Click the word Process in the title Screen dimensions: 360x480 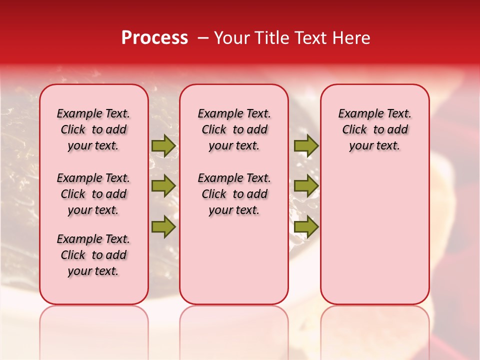click(x=154, y=38)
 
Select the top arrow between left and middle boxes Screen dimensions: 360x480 click(x=163, y=145)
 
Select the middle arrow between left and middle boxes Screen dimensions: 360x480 click(x=163, y=186)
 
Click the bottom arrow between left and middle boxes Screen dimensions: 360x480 click(x=163, y=226)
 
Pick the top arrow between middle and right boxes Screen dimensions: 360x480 click(x=306, y=145)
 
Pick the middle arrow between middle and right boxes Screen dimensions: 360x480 click(x=306, y=186)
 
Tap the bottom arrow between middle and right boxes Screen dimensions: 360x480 click(x=306, y=226)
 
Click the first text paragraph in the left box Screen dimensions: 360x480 click(x=93, y=129)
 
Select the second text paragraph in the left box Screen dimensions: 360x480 click(x=93, y=194)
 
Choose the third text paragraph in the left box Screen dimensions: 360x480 click(x=93, y=255)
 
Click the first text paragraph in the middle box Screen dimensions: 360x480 click(x=234, y=129)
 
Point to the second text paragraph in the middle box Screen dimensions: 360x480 click(x=234, y=194)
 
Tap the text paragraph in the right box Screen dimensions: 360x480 click(x=374, y=129)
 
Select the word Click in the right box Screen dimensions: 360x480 click(x=354, y=130)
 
